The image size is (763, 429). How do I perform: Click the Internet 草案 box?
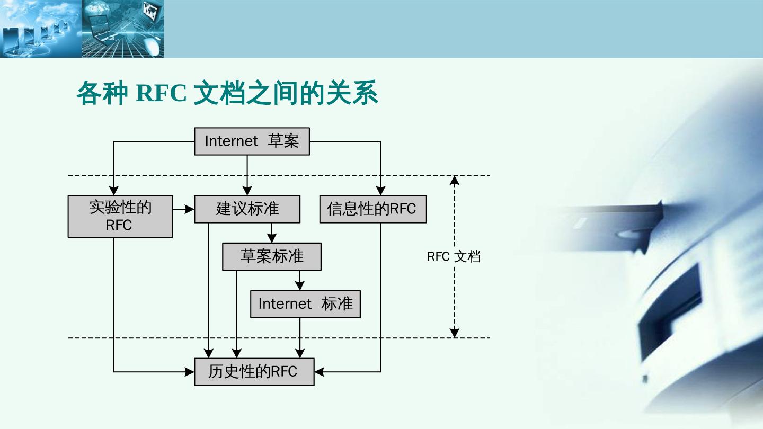click(252, 141)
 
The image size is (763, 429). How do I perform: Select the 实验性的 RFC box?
click(120, 216)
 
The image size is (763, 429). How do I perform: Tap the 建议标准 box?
click(247, 209)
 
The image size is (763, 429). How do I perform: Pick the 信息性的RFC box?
click(373, 209)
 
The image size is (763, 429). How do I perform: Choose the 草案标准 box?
click(271, 257)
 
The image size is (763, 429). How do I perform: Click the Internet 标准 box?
click(305, 304)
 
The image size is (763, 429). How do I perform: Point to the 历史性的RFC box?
click(254, 372)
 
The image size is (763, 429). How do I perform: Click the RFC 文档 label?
click(454, 257)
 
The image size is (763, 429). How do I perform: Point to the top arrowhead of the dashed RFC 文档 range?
click(454, 180)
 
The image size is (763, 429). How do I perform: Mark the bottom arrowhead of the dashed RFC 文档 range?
click(454, 333)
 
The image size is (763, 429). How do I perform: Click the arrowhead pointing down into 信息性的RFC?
click(380, 191)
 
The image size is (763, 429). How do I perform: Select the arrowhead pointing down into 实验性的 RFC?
click(114, 191)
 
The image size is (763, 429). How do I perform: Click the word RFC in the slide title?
click(161, 94)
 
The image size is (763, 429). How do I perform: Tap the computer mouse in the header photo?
click(152, 47)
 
